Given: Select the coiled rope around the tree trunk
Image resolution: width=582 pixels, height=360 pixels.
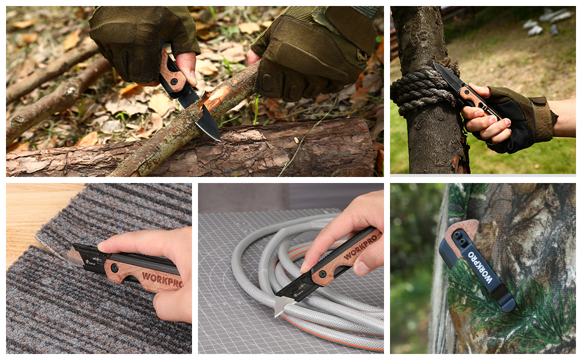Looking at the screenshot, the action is (422, 89).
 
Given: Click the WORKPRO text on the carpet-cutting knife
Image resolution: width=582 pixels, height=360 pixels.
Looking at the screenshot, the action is (162, 279).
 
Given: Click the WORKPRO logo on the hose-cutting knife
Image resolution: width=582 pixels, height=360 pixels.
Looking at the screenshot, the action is (361, 246).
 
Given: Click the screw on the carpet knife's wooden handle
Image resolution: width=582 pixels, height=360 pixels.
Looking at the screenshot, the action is (114, 267).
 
